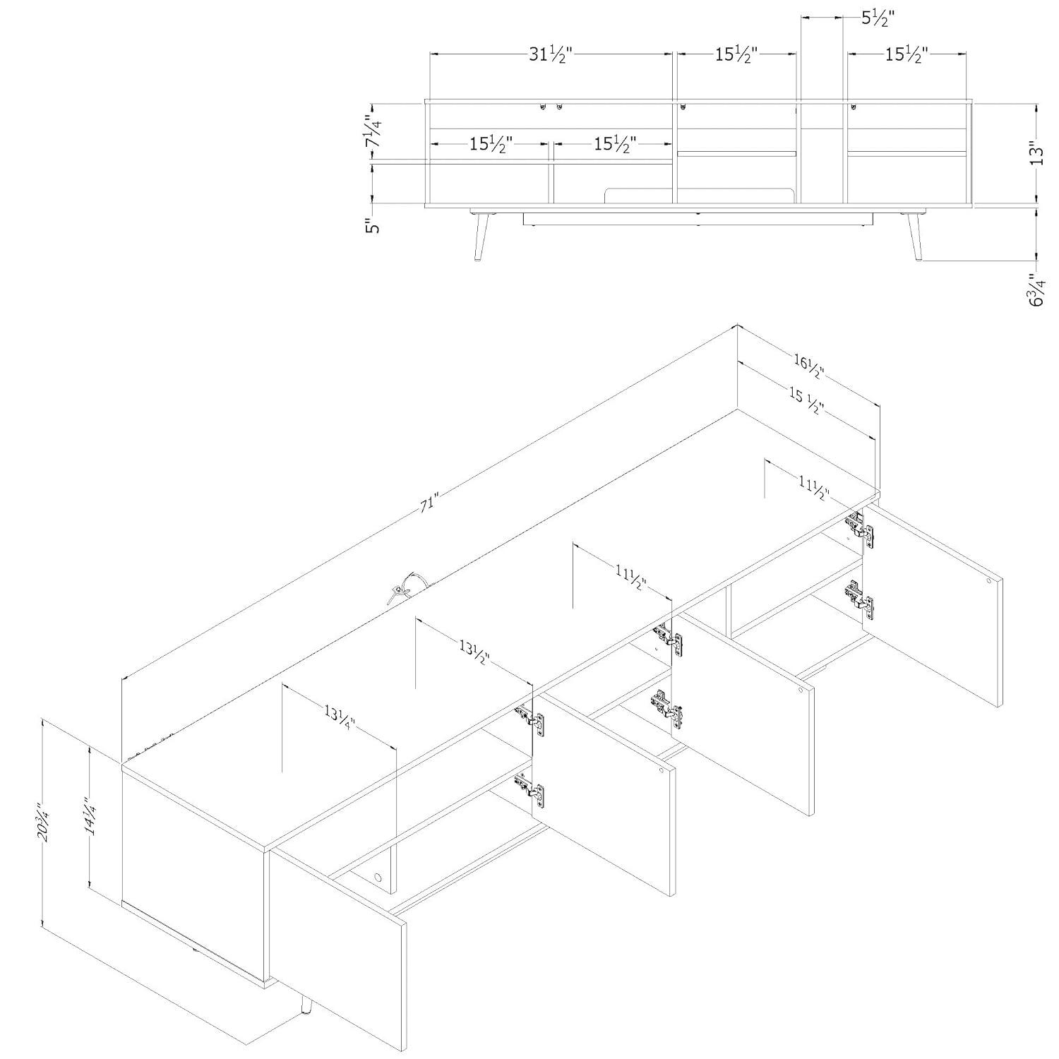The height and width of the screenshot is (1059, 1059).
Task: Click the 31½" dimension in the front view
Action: (x=550, y=54)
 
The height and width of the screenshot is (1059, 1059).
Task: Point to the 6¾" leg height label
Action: (x=1036, y=289)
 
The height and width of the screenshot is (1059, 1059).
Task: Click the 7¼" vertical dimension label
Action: (x=373, y=132)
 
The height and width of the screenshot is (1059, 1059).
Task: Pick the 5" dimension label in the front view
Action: (x=373, y=227)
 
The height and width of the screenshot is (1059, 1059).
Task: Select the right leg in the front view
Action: (x=914, y=236)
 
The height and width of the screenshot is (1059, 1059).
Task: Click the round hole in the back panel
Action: (x=377, y=878)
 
